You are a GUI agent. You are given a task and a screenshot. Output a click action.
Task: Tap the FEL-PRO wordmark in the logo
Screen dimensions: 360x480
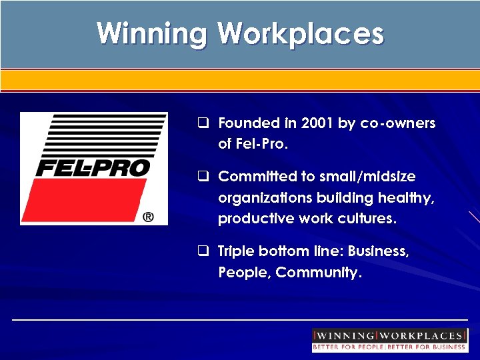[93, 168]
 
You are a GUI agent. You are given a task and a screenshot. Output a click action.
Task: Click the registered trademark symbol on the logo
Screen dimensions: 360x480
[148, 217]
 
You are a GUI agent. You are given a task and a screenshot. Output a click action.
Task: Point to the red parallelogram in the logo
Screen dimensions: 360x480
[90, 201]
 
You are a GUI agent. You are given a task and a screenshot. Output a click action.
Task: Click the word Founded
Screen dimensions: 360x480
[249, 123]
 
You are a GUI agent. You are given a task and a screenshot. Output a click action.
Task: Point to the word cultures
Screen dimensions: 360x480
[364, 219]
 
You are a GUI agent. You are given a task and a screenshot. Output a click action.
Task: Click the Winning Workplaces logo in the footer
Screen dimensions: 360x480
[389, 336]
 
